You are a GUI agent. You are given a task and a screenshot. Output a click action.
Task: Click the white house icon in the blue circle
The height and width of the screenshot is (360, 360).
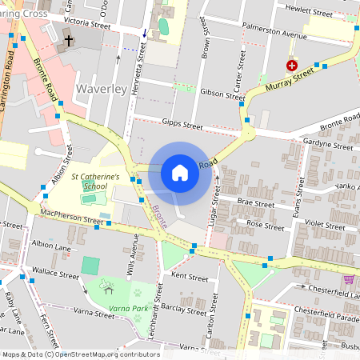(x=180, y=173)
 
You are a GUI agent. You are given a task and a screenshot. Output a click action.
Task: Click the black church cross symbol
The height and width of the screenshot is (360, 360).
(x=69, y=39)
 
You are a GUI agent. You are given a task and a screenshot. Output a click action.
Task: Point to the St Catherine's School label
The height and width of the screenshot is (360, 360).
(x=95, y=180)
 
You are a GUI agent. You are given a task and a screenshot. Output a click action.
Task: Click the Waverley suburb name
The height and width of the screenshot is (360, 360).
(x=102, y=88)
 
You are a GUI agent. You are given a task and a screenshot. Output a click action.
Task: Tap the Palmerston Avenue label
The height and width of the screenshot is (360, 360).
(x=277, y=36)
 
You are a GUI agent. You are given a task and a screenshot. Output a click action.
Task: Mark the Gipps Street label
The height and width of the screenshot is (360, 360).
(x=182, y=125)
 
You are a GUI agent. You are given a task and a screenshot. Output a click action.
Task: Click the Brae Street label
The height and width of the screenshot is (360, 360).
(x=255, y=204)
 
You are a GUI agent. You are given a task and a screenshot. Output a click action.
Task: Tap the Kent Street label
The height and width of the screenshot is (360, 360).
(x=190, y=278)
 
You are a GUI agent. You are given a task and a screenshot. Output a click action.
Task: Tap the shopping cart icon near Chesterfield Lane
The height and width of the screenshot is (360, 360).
(x=348, y=279)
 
